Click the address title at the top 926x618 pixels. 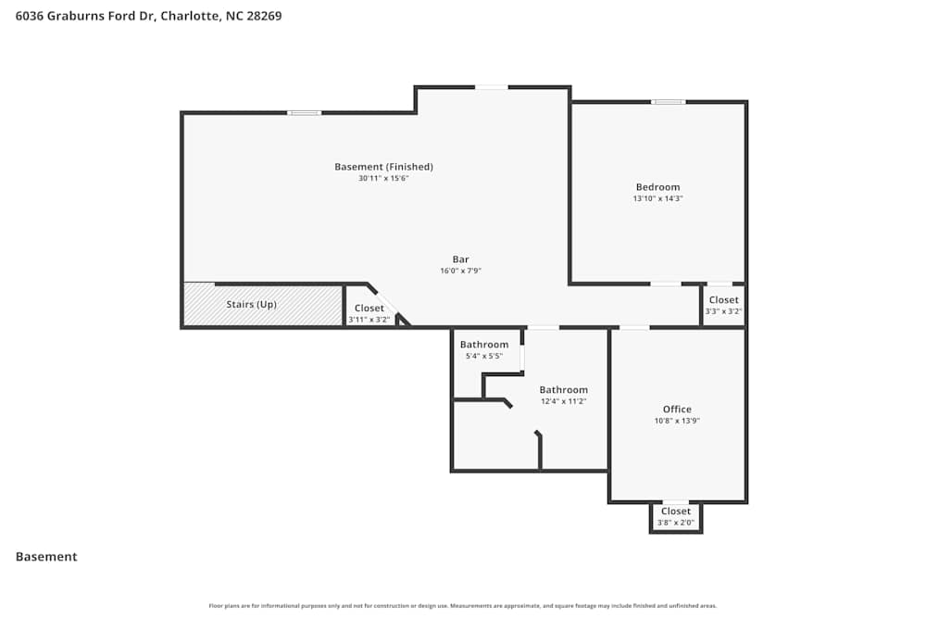pos(149,16)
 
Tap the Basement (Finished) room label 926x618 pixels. pos(383,167)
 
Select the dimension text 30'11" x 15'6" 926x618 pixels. pos(383,178)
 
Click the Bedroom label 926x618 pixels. pos(657,187)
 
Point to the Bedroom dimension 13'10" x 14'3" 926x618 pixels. pos(657,198)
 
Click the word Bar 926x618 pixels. pos(460,259)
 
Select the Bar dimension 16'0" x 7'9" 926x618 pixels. pos(460,271)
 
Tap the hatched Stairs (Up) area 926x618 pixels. pos(262,305)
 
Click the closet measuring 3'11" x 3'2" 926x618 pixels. pos(369,313)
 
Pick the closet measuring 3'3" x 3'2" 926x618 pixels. pos(723,305)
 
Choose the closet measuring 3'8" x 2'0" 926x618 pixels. pos(675,516)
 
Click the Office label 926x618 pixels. pos(677,410)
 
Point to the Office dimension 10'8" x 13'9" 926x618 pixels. pos(677,421)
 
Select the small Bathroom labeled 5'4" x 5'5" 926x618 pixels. pos(484,349)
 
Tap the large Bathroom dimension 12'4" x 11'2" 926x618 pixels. pos(563,401)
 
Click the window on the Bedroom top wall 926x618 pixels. pos(668,102)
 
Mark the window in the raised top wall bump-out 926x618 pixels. pos(492,87)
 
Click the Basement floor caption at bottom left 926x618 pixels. pos(46,557)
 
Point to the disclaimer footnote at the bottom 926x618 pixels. pos(463,606)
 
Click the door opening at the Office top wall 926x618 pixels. pos(634,327)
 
